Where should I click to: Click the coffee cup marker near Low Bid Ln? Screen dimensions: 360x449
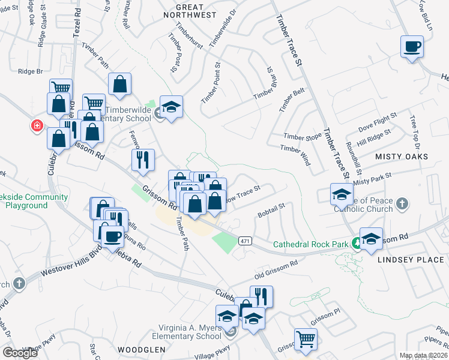click(412, 47)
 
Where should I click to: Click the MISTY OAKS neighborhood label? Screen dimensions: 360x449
click(402, 156)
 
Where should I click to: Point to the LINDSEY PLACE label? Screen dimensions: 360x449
click(411, 260)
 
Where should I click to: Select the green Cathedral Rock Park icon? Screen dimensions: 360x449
click(357, 243)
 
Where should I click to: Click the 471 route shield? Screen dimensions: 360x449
click(244, 241)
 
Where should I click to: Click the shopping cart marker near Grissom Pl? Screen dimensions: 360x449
click(306, 339)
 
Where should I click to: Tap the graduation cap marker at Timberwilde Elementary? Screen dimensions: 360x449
click(172, 108)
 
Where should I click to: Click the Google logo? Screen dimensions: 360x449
click(20, 352)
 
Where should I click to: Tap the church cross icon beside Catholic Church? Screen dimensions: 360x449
click(402, 205)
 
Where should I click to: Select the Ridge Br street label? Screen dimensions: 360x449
click(31, 71)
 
